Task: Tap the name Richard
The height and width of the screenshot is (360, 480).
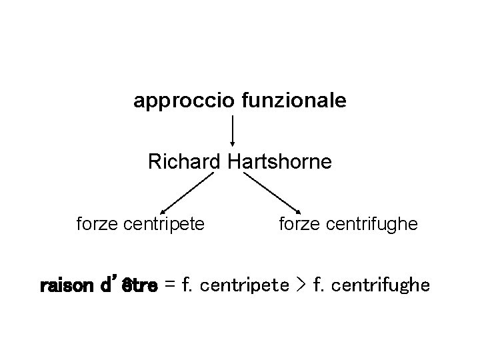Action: point(185,162)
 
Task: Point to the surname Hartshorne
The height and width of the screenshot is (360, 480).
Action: point(279,162)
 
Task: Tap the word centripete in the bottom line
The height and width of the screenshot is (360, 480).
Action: point(244,287)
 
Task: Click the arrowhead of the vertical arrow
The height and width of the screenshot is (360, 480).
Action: point(233,142)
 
